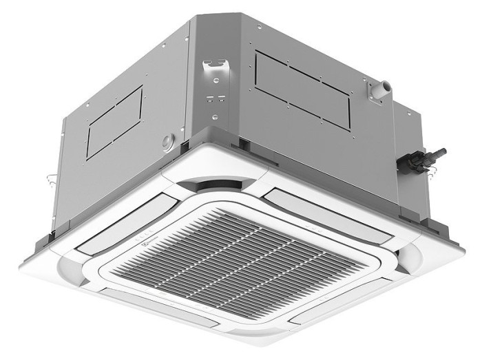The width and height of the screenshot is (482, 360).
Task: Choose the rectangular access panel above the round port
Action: (114, 123)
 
